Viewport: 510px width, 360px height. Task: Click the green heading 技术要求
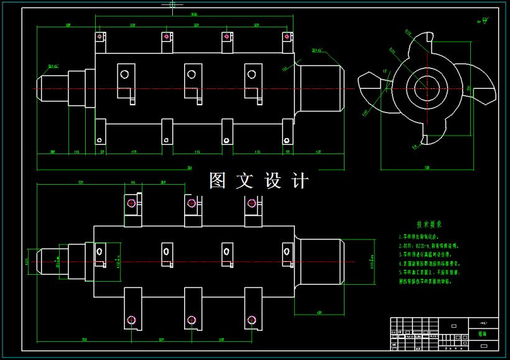429,224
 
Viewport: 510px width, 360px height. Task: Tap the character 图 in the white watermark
218,181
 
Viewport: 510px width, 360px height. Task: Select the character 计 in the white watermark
300,181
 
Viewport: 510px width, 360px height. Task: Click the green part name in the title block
482,334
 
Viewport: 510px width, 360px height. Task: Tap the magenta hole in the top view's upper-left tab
100,37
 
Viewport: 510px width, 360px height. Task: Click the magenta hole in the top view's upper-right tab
288,37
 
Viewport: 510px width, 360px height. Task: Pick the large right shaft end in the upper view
322,88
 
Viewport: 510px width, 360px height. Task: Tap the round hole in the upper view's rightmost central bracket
251,74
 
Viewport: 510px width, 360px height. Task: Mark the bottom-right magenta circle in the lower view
252,321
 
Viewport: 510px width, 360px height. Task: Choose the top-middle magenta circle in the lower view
192,203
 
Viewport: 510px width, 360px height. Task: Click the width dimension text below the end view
427,168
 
